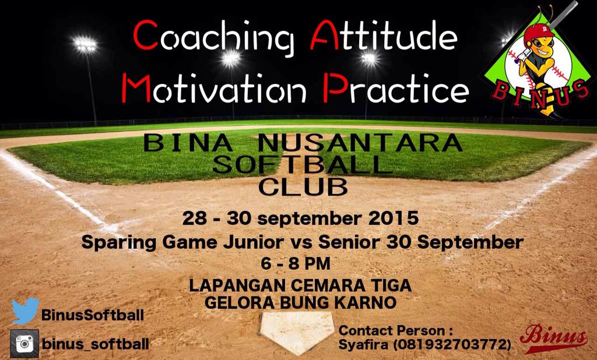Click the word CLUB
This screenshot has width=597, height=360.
[302, 187]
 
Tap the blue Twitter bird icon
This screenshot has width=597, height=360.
[25, 310]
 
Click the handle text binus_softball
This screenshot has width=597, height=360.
[95, 343]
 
